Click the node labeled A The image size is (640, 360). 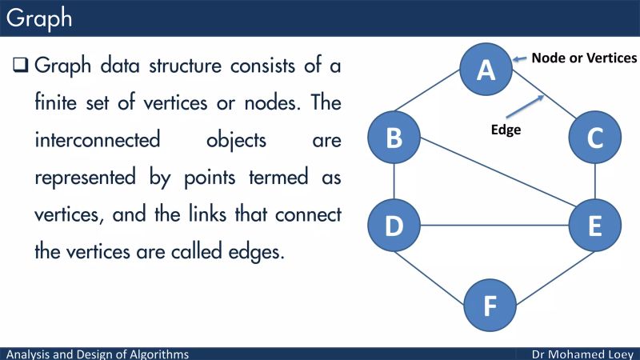pos(486,70)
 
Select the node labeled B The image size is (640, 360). pos(394,138)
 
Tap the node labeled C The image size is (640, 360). pos(594,138)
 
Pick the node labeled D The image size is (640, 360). pos(394,226)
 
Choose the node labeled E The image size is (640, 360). pos(594,226)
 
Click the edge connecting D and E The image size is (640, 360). pos(494,226)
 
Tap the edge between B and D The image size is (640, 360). pos(394,182)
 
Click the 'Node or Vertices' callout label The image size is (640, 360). pos(585,58)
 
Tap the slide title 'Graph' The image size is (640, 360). pos(39,18)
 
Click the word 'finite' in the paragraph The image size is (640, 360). pos(60,102)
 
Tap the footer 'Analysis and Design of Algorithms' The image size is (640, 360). pos(98,354)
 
